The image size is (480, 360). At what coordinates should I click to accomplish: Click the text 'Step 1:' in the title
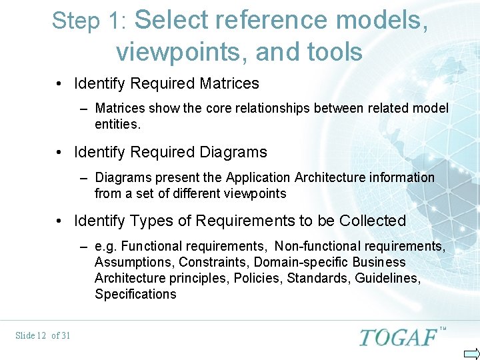(89, 21)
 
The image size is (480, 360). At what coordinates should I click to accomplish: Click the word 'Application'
(258, 177)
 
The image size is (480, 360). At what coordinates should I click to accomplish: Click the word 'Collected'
(373, 221)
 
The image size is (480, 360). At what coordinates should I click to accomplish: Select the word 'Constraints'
(213, 263)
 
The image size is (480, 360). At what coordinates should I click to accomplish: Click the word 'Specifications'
(135, 295)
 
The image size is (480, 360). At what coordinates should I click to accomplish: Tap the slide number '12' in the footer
(41, 335)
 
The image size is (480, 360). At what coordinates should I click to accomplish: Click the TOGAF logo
(398, 337)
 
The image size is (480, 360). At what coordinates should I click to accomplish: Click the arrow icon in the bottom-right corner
(471, 353)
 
